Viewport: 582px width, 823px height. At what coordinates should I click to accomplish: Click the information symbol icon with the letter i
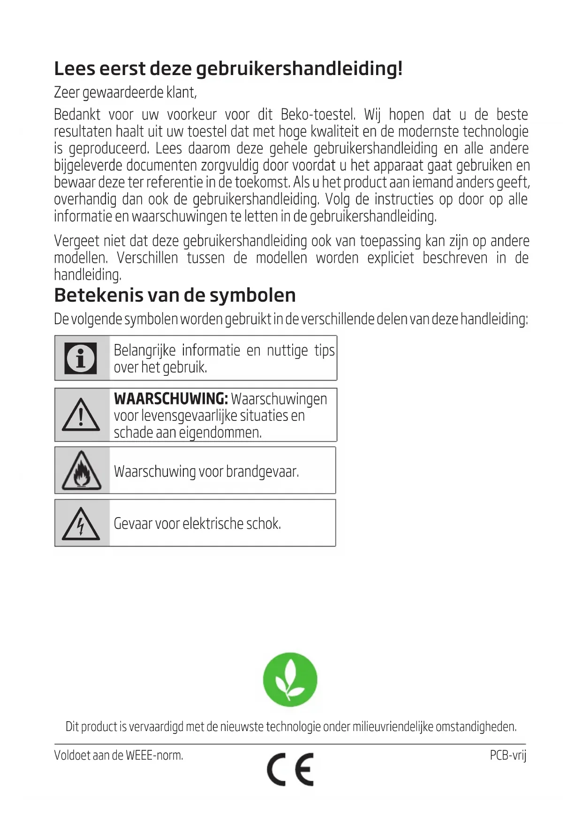[x=81, y=358]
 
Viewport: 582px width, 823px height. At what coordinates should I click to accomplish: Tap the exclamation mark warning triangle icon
[x=81, y=415]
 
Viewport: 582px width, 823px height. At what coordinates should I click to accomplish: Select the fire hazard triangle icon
[x=82, y=471]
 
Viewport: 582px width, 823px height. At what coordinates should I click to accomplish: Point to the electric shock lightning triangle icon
[x=81, y=524]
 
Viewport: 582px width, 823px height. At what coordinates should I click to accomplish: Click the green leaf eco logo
[x=290, y=679]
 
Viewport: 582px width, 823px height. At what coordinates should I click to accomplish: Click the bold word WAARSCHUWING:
[x=171, y=399]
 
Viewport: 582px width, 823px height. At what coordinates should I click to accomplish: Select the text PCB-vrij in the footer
[x=508, y=755]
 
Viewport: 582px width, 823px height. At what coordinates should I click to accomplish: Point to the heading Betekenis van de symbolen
[x=175, y=295]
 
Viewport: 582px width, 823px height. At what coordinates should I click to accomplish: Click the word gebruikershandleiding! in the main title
[x=299, y=69]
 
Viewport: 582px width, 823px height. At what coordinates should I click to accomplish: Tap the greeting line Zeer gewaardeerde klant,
[x=125, y=92]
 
